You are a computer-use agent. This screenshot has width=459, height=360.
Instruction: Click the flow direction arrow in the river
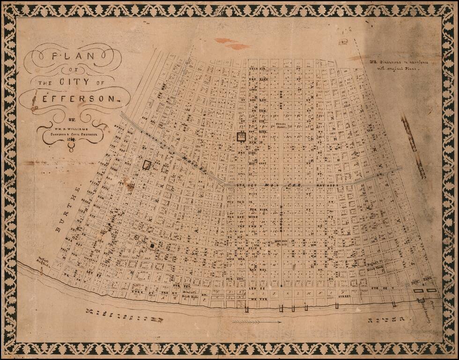click(x=256, y=322)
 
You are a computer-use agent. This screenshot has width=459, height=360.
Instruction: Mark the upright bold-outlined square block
click(x=241, y=136)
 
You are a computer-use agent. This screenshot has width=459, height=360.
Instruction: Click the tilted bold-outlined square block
click(x=147, y=165)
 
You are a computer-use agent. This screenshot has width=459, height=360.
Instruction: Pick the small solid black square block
click(x=152, y=246)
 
